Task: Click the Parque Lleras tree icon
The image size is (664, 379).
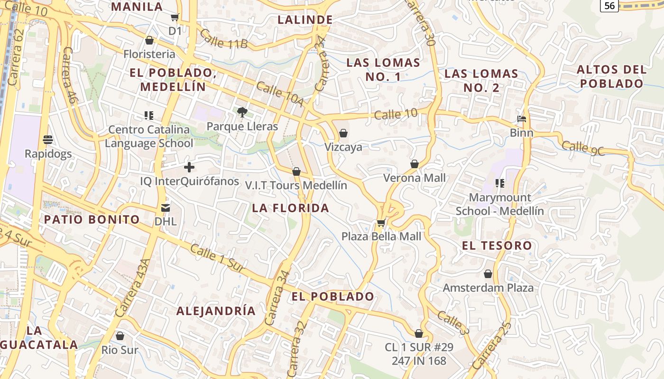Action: (242, 112)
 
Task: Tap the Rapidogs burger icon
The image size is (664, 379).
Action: (48, 140)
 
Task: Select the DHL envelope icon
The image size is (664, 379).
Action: (166, 208)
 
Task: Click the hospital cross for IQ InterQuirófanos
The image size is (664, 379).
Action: (189, 167)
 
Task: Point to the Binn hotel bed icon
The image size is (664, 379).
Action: (522, 119)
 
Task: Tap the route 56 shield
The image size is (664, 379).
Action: (609, 5)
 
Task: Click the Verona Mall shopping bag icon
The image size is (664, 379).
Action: (415, 164)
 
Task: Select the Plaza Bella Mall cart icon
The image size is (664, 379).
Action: (381, 223)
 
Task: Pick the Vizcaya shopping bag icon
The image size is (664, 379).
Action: (343, 133)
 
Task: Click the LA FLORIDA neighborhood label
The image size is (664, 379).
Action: (290, 208)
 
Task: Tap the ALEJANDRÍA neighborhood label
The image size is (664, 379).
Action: (216, 311)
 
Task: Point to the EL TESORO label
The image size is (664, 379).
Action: (497, 245)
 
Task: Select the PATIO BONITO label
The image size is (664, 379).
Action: (92, 219)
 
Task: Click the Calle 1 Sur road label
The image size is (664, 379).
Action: (217, 258)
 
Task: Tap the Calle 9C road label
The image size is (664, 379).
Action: (583, 147)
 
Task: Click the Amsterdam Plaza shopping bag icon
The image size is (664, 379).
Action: (488, 274)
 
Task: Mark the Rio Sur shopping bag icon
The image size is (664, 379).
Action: (120, 336)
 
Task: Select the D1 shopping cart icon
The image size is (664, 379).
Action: (175, 18)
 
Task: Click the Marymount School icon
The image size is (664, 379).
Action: (499, 183)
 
